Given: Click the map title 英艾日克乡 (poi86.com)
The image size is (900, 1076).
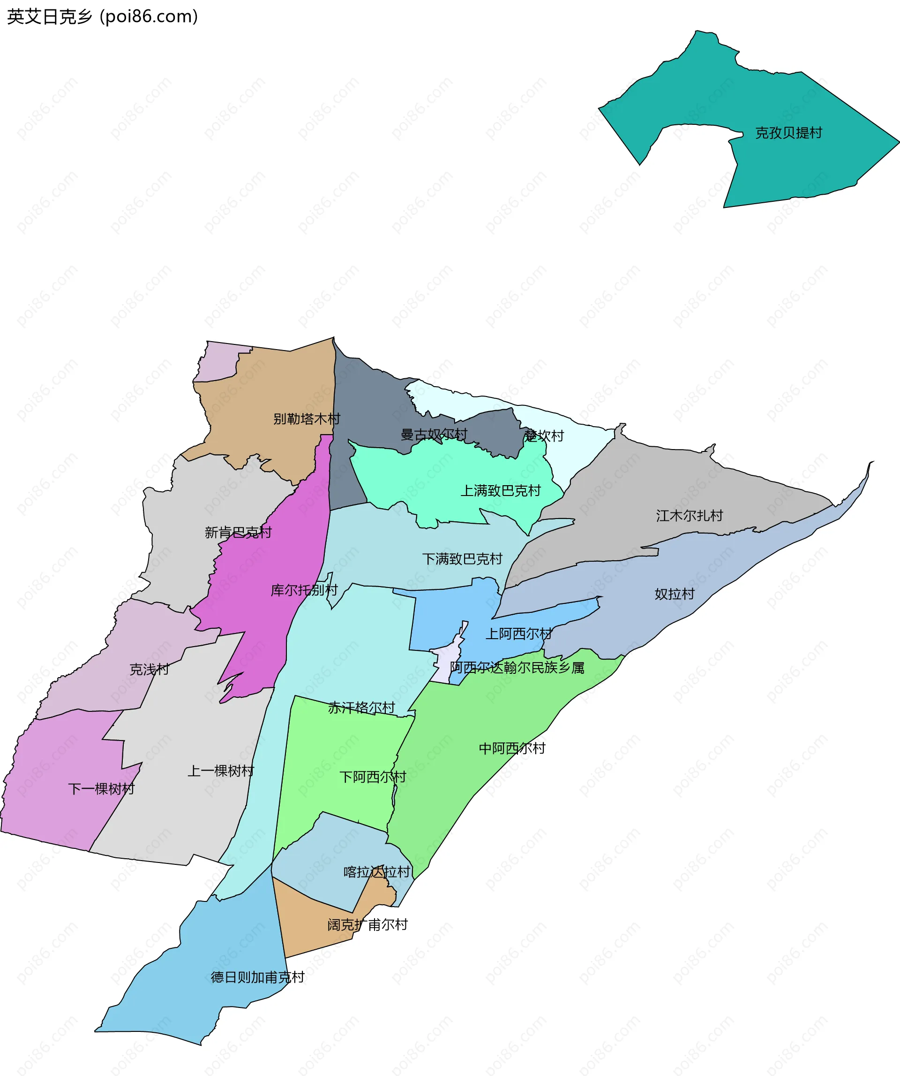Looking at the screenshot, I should [102, 16].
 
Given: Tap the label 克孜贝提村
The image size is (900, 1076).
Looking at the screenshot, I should [788, 133].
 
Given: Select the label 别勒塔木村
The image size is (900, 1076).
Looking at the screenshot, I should [307, 419].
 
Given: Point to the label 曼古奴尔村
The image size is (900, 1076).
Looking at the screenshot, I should [434, 435].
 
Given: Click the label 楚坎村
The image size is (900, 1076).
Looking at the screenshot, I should [544, 435].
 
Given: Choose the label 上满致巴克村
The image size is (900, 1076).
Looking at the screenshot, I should [500, 490].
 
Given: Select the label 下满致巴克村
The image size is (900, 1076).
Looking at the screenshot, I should [462, 558].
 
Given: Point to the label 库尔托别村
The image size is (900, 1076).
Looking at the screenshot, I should [304, 590].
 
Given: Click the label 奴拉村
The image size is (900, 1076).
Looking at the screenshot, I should [674, 594].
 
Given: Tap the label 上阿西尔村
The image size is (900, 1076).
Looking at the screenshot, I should [518, 634].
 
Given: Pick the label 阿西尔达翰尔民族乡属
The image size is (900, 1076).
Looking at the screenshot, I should [517, 668].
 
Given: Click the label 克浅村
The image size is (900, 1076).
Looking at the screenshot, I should [149, 669].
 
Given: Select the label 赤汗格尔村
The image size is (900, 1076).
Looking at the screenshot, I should [361, 708].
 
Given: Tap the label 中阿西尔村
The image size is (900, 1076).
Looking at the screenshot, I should [512, 748].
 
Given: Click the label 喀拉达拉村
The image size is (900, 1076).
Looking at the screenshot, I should [377, 871].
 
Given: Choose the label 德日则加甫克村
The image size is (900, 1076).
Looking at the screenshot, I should [257, 977].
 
